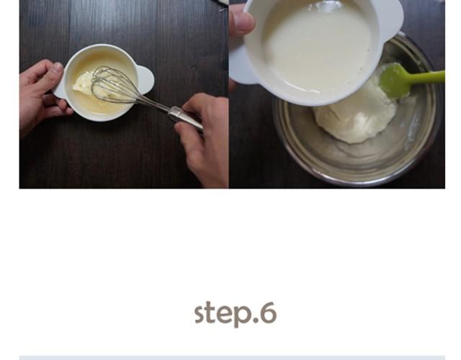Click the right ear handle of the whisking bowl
tap(146, 79)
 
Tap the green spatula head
tap(395, 78)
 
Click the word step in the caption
tap(223, 314)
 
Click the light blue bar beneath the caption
tap(232, 357)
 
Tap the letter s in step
tap(200, 315)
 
